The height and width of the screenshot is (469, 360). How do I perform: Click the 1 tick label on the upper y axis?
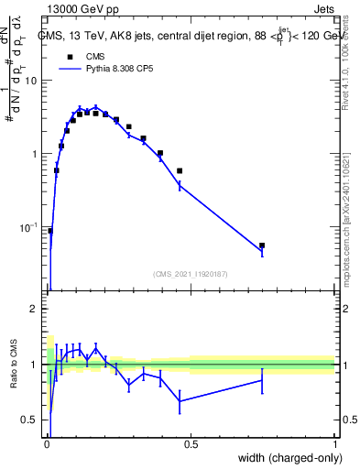(x=34, y=154)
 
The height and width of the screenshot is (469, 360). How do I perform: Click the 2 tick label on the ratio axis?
(x=34, y=310)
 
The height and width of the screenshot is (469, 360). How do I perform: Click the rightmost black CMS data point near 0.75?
(x=262, y=245)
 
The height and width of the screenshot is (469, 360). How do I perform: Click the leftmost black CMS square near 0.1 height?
(x=50, y=231)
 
